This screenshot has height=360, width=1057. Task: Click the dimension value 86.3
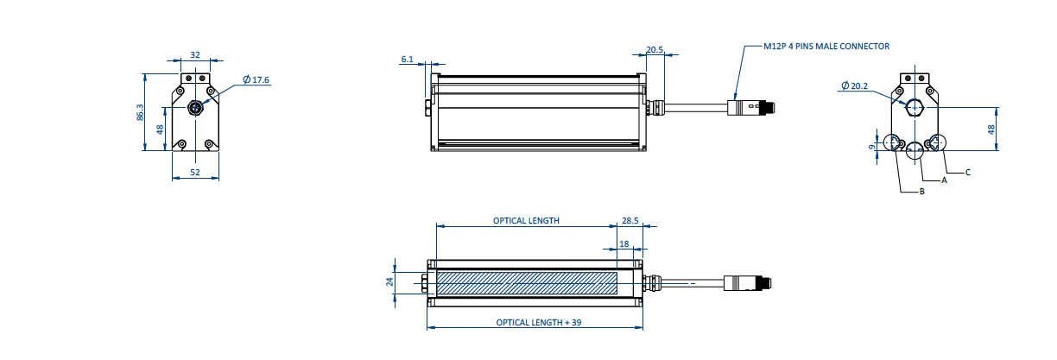141,112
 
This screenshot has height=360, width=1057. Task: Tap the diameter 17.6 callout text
256,79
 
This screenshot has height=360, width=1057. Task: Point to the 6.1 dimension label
408,60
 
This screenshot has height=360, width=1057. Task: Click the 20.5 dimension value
655,50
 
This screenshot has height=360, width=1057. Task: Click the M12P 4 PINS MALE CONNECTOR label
826,46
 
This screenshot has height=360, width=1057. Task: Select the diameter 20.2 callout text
854,85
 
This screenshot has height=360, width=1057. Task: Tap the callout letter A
944,181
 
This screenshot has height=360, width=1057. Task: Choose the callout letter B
921,191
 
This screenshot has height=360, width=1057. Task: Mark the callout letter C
968,173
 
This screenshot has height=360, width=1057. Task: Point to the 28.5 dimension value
630,220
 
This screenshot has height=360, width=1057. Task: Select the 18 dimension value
624,244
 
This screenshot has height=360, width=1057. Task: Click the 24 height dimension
389,281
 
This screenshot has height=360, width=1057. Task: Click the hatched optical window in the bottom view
527,282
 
